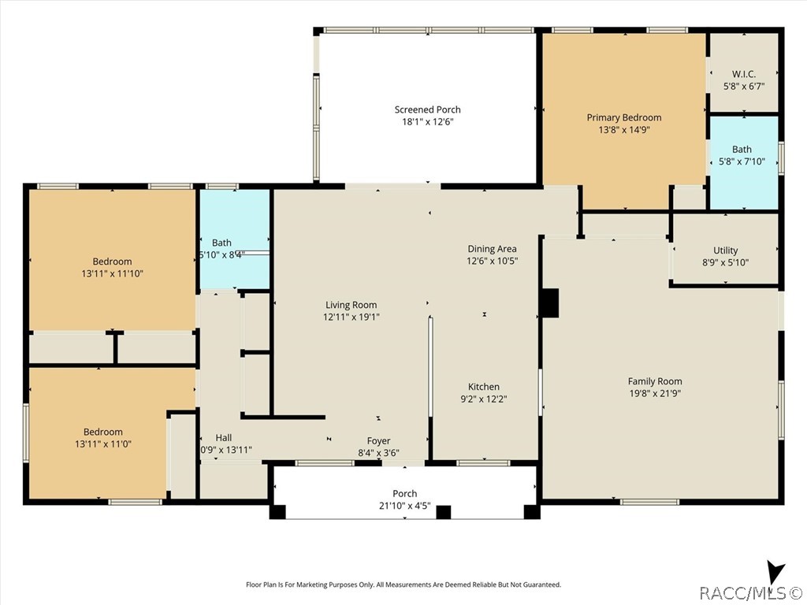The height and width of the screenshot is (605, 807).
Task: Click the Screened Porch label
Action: tap(427, 109)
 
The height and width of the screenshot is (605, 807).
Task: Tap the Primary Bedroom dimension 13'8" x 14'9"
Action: tap(624, 130)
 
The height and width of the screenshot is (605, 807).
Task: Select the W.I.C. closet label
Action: tap(744, 74)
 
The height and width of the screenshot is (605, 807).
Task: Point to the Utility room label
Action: tap(725, 251)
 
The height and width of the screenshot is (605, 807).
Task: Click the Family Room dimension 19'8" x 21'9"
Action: tap(655, 394)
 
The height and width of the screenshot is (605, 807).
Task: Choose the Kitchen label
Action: tap(483, 387)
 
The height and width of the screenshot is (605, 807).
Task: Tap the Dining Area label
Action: tap(492, 249)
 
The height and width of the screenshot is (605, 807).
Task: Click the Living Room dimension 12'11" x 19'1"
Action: tap(351, 317)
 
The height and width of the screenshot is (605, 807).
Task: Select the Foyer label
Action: tap(378, 441)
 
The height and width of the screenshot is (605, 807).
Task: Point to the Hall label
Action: tap(223, 438)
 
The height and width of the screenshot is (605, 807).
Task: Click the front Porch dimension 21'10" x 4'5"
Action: tap(404, 507)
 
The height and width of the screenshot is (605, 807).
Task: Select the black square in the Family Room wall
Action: tap(549, 303)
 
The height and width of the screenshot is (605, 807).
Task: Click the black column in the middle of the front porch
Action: tap(443, 512)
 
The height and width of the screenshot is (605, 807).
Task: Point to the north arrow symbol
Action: tap(775, 573)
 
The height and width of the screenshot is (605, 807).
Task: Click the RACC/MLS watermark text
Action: tap(751, 593)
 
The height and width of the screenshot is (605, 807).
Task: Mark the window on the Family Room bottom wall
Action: tap(650, 502)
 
